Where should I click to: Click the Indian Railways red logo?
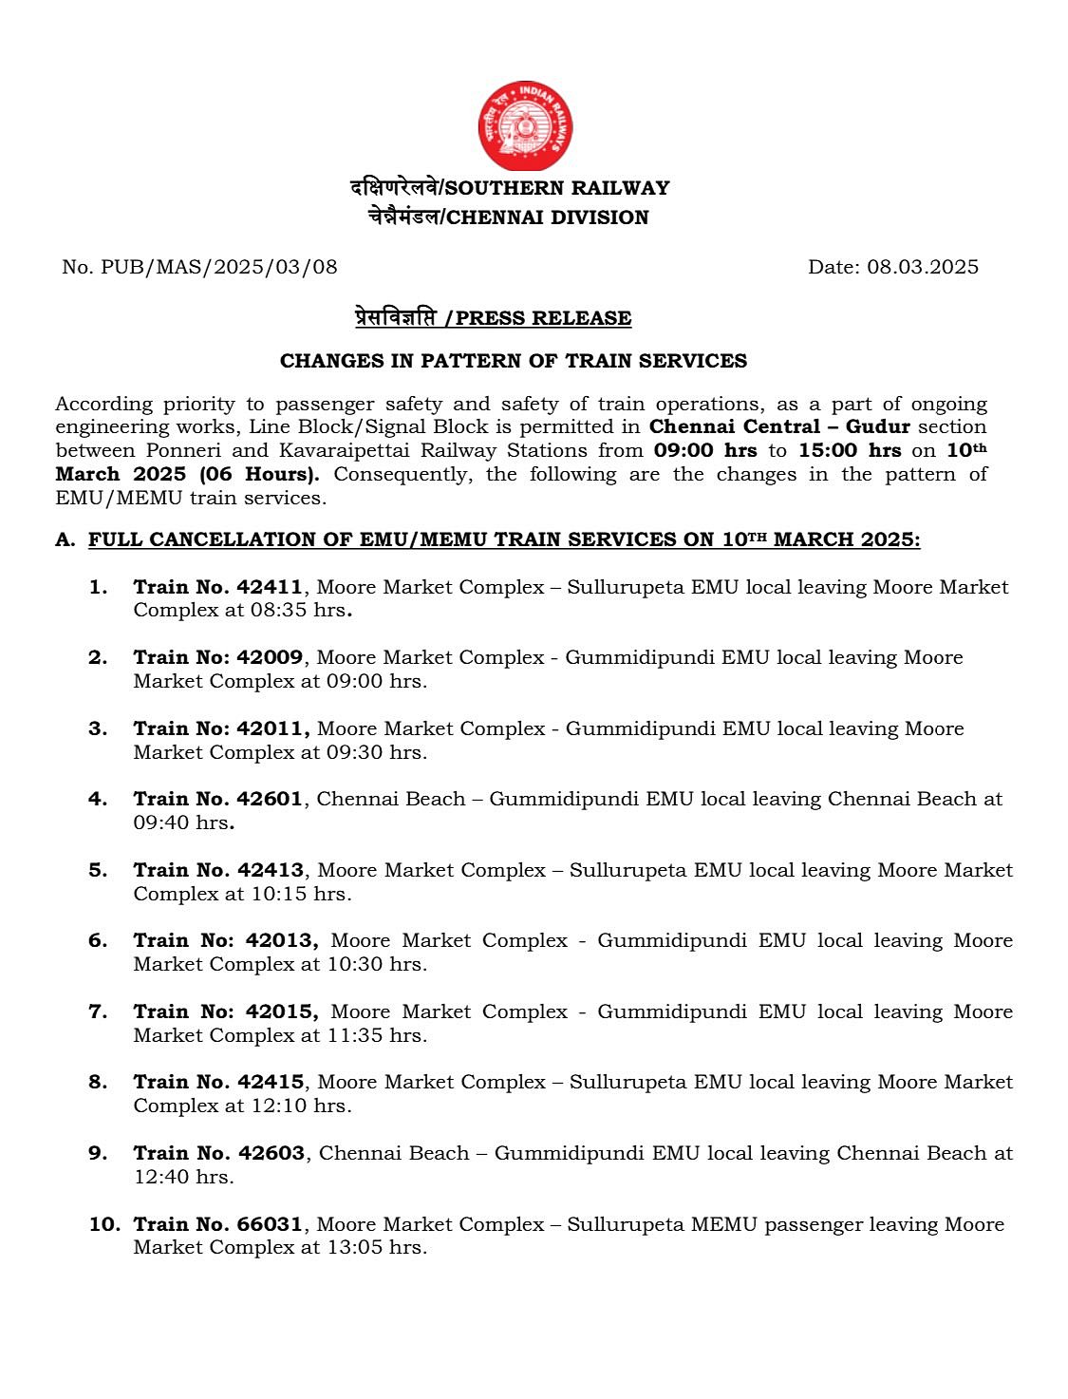(x=525, y=125)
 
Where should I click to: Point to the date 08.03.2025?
(x=922, y=267)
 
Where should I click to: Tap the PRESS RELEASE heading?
(x=543, y=318)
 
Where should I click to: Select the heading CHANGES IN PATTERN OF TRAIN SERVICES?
(x=513, y=361)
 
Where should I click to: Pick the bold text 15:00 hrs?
(x=850, y=450)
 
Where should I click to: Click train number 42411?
(x=270, y=587)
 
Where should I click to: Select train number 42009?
(x=270, y=657)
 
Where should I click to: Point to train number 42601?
(x=270, y=799)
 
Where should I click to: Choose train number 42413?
(x=271, y=870)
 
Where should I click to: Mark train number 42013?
(x=281, y=940)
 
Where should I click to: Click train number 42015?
(x=281, y=1011)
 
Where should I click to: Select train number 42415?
(x=271, y=1082)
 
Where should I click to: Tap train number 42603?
(x=272, y=1153)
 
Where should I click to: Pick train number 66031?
(x=270, y=1224)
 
